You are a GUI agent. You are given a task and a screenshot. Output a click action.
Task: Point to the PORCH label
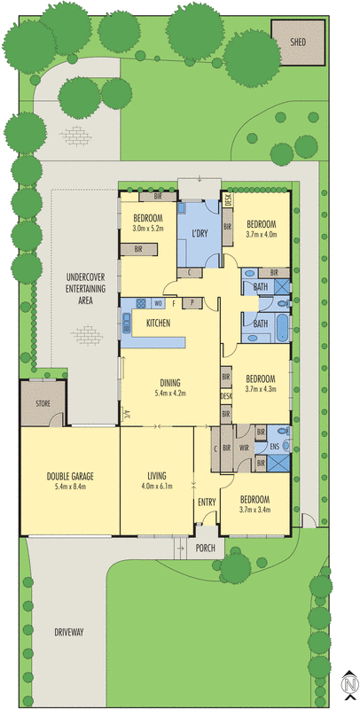click(x=206, y=547)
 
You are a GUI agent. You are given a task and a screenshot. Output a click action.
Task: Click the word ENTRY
click(x=207, y=503)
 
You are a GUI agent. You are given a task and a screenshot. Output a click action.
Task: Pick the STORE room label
click(x=43, y=404)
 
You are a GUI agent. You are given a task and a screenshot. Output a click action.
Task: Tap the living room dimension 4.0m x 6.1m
click(x=157, y=487)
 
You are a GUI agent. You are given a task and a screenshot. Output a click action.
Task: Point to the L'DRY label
click(x=199, y=235)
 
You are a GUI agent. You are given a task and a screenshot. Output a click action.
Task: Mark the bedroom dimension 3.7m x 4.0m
click(x=262, y=235)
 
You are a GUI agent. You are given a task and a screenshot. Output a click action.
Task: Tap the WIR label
click(x=243, y=448)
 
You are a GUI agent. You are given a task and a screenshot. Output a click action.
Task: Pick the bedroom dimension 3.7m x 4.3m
click(x=262, y=387)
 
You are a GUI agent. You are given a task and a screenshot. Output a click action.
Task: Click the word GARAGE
click(x=80, y=476)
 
